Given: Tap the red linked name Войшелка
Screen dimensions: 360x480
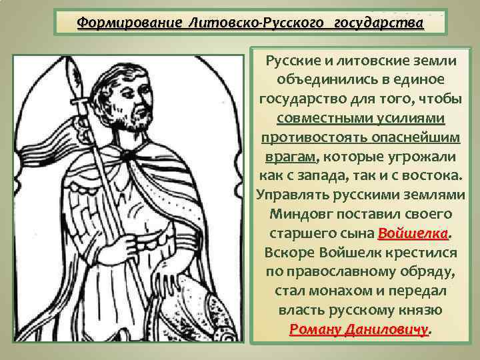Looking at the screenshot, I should [x=413, y=235].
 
